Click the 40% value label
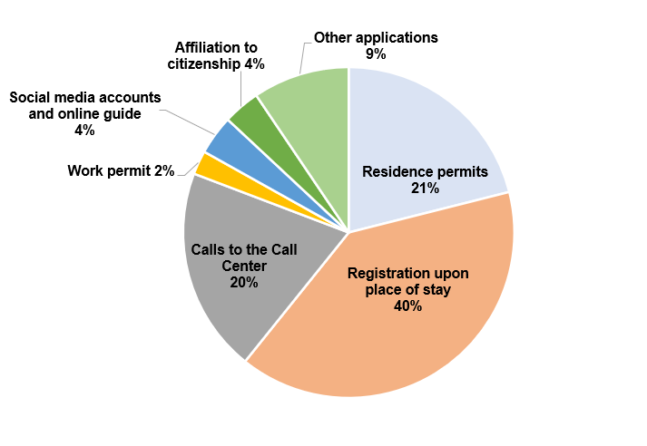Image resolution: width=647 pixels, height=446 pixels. coord(407,305)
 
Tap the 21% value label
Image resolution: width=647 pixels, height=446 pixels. coord(425,188)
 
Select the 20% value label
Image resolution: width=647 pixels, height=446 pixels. coord(244,282)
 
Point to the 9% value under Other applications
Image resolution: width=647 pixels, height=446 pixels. coord(376,54)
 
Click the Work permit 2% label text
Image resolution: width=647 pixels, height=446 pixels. coord(121,170)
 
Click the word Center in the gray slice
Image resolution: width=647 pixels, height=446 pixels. coord(244,266)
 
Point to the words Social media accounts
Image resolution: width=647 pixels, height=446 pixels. coord(85,97)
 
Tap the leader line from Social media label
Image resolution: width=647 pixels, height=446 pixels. coord(188,121)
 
